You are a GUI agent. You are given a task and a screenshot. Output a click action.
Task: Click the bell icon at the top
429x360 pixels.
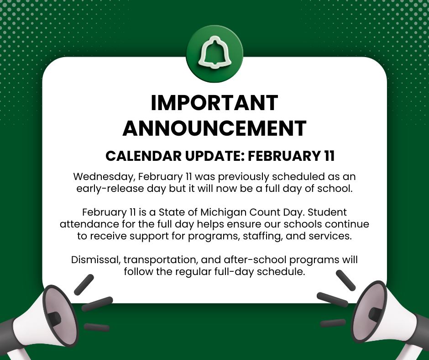coord(214,54)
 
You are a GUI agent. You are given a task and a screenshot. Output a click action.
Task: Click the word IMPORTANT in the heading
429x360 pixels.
coord(214,103)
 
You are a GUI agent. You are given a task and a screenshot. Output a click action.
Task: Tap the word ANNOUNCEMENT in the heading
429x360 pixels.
coord(214,128)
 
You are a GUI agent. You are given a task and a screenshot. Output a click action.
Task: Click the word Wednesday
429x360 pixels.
coord(103,176)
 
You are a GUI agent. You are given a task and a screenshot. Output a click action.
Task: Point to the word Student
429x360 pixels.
coord(330,213)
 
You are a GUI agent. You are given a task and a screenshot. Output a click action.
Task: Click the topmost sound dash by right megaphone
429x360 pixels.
coord(345,280)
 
